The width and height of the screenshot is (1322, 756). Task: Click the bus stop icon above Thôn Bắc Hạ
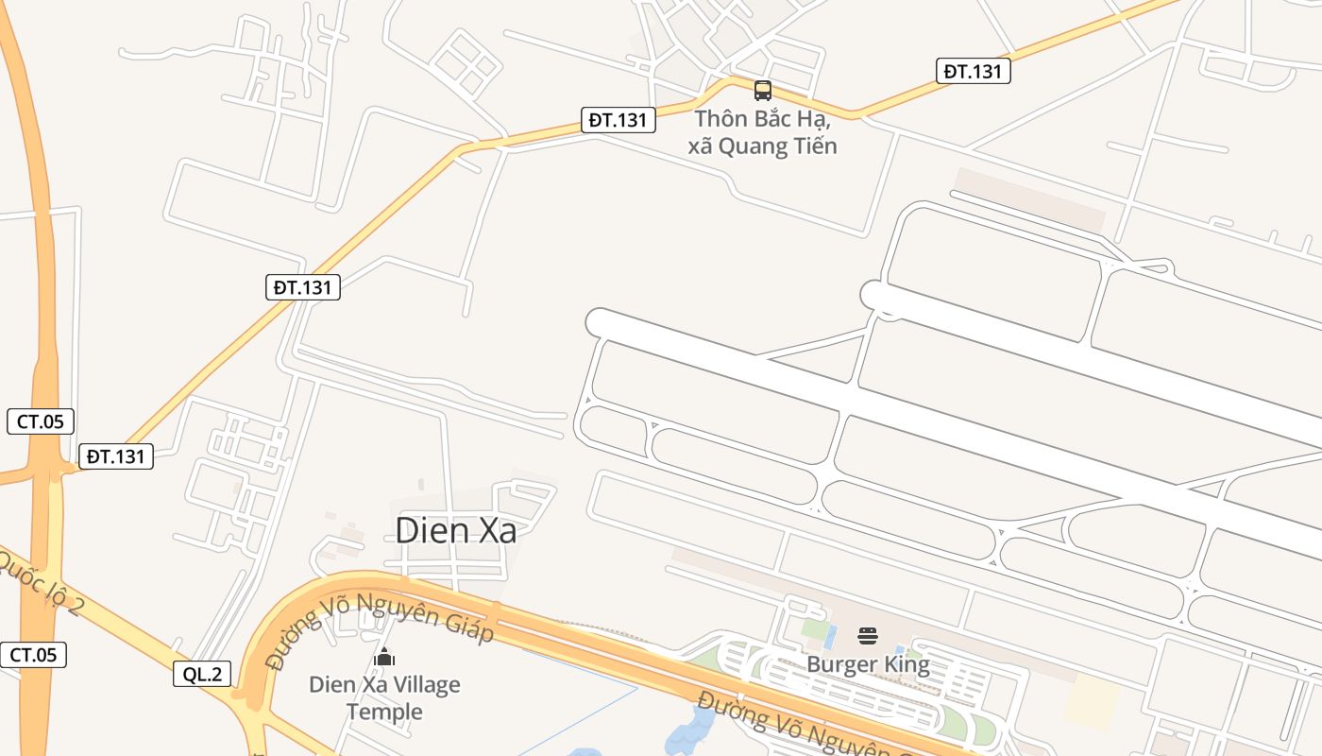[x=762, y=91]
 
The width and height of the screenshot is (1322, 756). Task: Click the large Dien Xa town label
[x=455, y=530]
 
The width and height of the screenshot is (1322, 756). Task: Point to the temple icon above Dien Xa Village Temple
[x=384, y=656]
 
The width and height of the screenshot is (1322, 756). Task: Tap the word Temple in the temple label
[x=384, y=711]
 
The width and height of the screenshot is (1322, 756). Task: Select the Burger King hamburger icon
[x=868, y=636]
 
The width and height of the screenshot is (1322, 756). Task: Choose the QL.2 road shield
[x=202, y=674]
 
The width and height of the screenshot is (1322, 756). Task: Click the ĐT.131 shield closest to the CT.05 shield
[x=115, y=456]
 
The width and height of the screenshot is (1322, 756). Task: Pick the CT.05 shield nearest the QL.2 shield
[x=34, y=655]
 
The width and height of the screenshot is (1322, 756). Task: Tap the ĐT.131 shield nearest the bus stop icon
[x=619, y=120]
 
